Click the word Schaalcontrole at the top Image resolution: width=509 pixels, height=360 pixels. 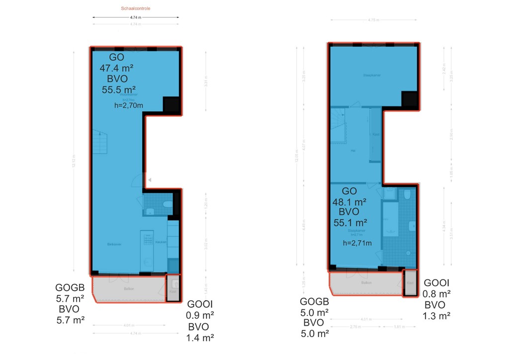136,9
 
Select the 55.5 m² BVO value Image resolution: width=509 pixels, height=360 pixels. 119,90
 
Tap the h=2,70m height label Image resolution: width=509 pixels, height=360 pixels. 129,105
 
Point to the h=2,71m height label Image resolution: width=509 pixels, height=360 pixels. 357,243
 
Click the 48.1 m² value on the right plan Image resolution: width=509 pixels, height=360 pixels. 349,202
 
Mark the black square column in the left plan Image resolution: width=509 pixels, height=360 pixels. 171,104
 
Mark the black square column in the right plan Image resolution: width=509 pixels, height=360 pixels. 410,99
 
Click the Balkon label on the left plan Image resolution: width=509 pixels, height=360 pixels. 129,288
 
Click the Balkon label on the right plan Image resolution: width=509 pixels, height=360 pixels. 366,282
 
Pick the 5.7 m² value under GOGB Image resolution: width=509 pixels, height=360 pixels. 71,298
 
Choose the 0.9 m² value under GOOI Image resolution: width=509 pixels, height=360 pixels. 200,315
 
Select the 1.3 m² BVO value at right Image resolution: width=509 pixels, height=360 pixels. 436,316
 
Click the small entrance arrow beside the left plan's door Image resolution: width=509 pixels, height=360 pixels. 149,180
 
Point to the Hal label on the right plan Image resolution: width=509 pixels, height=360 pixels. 352,150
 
